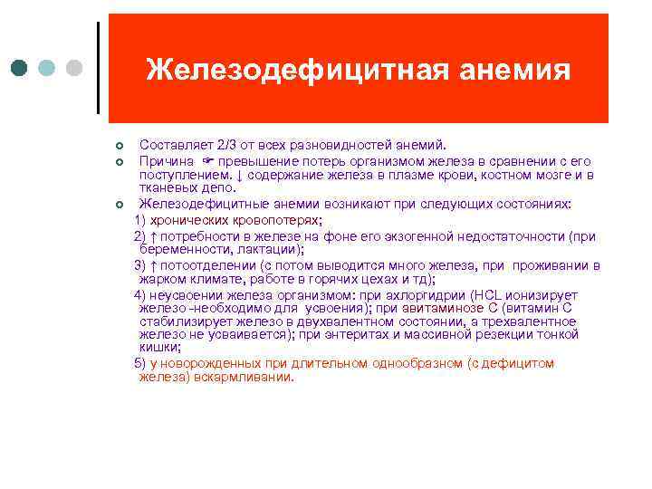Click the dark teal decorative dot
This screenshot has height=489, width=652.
pyautogui.click(x=20, y=69)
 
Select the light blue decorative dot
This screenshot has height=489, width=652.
pyautogui.click(x=47, y=69)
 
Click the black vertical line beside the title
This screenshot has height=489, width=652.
pyautogui.click(x=98, y=68)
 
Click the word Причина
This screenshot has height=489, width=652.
pyautogui.click(x=167, y=160)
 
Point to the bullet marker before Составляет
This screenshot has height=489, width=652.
pyautogui.click(x=118, y=146)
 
